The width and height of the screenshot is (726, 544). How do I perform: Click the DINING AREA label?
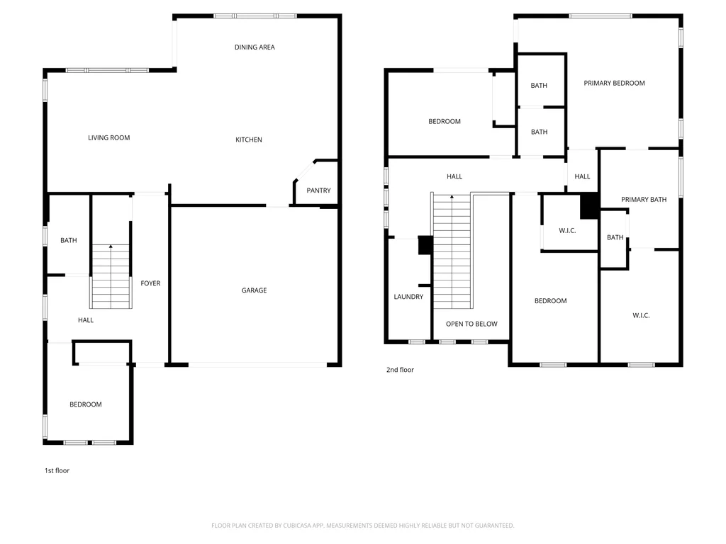[x=255, y=47]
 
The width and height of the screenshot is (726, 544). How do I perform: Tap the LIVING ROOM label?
[x=108, y=138]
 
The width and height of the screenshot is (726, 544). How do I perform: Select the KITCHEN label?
[x=249, y=140]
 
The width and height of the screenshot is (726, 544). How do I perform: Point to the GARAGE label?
[x=255, y=290]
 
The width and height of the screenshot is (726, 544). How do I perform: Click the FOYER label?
[x=150, y=283]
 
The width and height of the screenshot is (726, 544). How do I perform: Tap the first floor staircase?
[x=111, y=276]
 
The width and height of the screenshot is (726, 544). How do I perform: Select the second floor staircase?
[x=452, y=251]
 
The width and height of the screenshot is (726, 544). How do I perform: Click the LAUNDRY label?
[x=408, y=297]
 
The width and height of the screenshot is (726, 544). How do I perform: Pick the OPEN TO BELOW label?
[x=471, y=324]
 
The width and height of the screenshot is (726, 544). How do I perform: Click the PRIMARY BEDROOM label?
[x=614, y=84]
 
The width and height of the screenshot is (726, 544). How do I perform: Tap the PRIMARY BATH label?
[x=644, y=199]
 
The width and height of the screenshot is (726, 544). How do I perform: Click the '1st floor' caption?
[x=57, y=470]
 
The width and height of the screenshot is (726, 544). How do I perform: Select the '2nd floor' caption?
[x=400, y=370]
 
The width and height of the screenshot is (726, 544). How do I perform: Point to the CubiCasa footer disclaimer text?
[x=362, y=526]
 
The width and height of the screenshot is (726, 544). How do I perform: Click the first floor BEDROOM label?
[x=86, y=404]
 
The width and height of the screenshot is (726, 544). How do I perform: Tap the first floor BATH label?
[x=69, y=241]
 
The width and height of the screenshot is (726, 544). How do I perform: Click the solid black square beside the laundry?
[x=425, y=245]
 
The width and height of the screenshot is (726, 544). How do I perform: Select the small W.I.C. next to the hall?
[x=567, y=230]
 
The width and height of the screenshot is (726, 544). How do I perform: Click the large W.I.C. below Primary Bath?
[x=641, y=315]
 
